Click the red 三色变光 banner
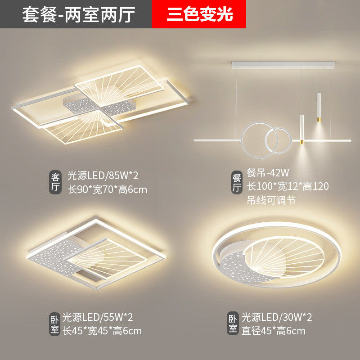tap(199, 14)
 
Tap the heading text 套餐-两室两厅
tap(78, 15)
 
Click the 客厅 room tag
tap(55, 182)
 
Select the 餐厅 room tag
tap(237, 182)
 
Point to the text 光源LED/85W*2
tap(103, 176)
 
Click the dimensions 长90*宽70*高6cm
tap(108, 190)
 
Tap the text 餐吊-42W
tap(268, 173)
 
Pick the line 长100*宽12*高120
tap(288, 186)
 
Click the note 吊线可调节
tap(271, 200)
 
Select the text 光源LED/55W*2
tap(98, 318)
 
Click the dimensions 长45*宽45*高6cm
tap(102, 331)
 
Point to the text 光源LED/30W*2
tap(277, 318)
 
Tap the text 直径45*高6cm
tap(274, 331)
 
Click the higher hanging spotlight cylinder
tap(319, 108)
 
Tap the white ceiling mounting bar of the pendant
tap(283, 65)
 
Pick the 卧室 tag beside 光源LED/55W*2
tap(54, 324)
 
